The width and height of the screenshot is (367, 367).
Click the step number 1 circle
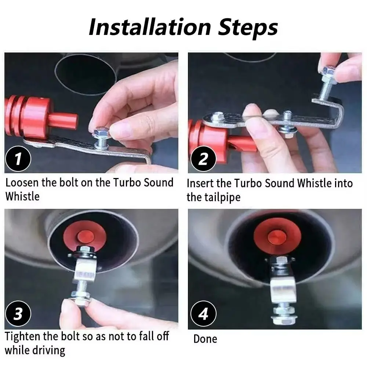point(18,159)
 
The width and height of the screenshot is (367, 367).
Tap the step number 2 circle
point(203,159)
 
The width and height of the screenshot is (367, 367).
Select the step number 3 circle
point(18,314)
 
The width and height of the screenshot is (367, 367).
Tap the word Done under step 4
point(205,339)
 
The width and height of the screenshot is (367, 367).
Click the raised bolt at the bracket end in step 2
point(328,73)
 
